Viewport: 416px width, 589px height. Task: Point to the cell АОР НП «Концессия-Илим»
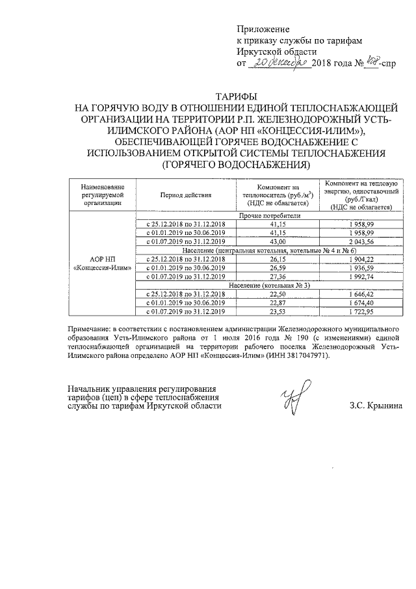102,263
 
